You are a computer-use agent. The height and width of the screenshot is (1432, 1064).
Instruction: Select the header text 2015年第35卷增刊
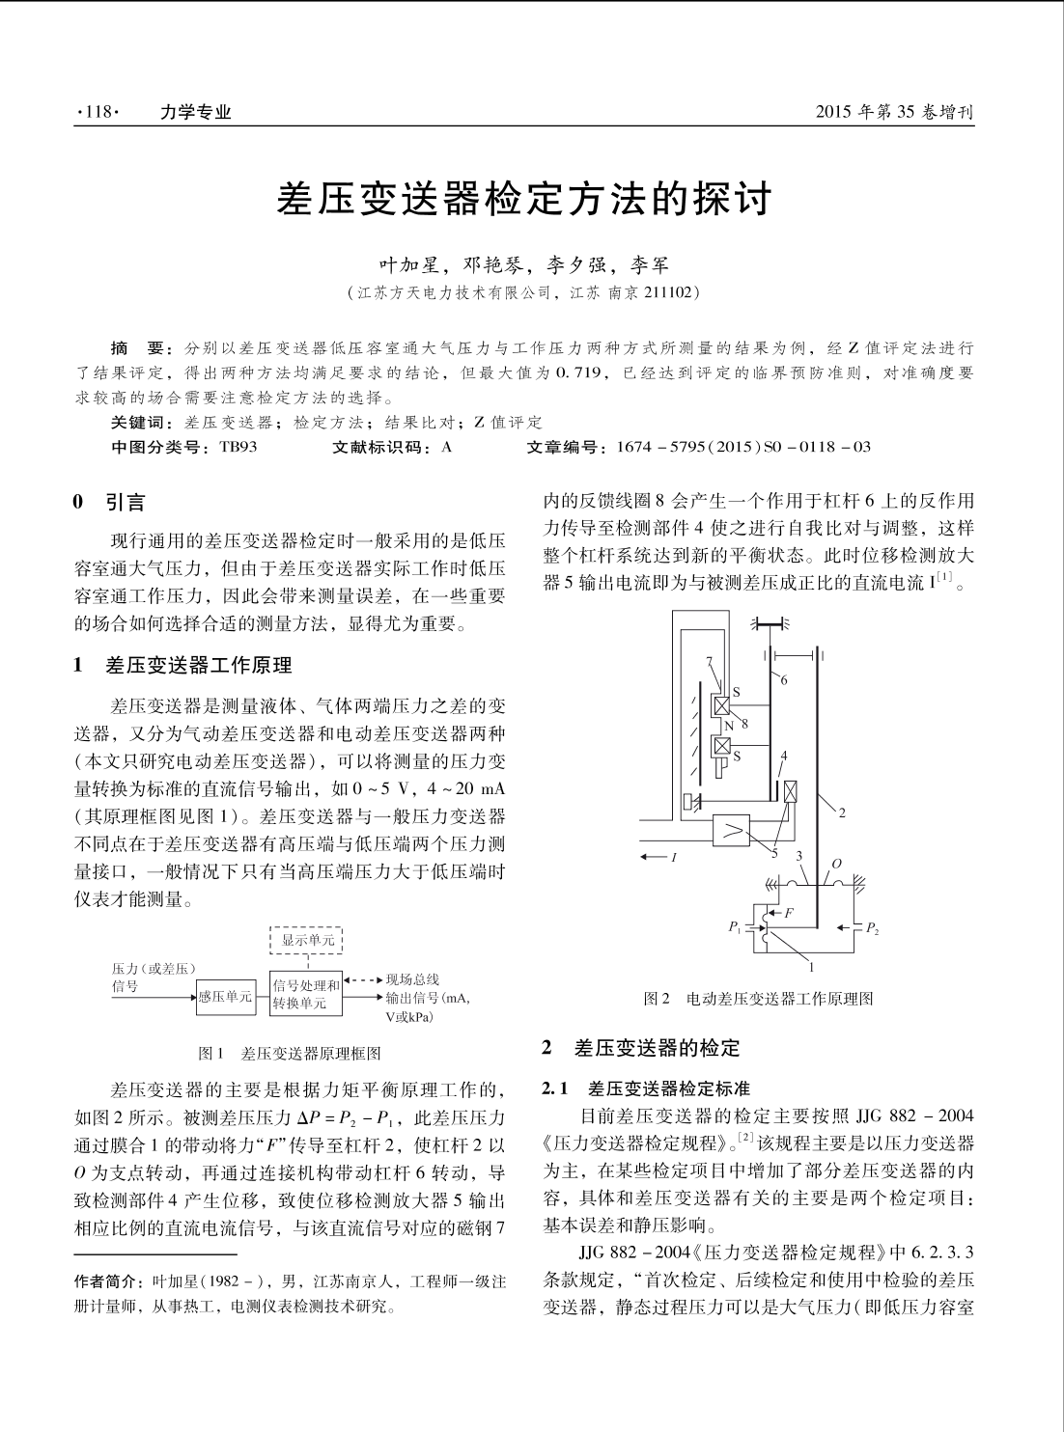(x=894, y=113)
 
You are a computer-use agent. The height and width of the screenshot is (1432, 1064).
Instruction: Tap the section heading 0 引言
(x=111, y=502)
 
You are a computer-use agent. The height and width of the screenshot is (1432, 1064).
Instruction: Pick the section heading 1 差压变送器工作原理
(x=183, y=665)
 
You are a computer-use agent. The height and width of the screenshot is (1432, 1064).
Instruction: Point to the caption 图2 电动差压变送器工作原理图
(x=758, y=999)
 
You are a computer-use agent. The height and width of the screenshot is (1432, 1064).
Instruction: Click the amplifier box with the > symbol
(x=737, y=829)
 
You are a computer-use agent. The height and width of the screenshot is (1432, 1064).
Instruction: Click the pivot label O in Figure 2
(x=836, y=862)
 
